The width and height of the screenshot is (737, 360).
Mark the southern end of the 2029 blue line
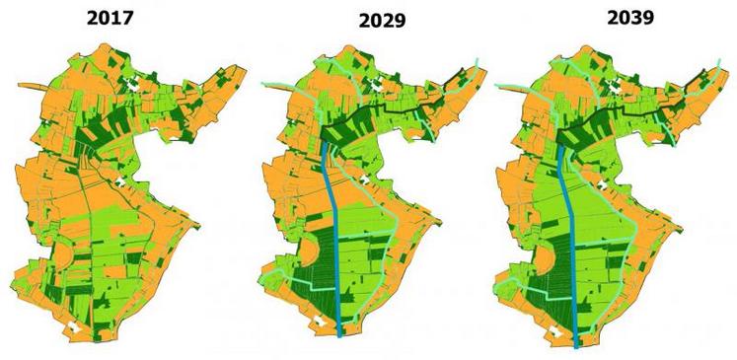[x=340, y=335]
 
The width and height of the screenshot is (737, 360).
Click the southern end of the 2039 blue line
[x=577, y=344]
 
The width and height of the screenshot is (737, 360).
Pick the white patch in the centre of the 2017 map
[x=121, y=181]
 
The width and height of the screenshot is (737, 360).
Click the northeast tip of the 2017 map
[x=243, y=66]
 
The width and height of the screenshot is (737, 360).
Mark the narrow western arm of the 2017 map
[x=30, y=88]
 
